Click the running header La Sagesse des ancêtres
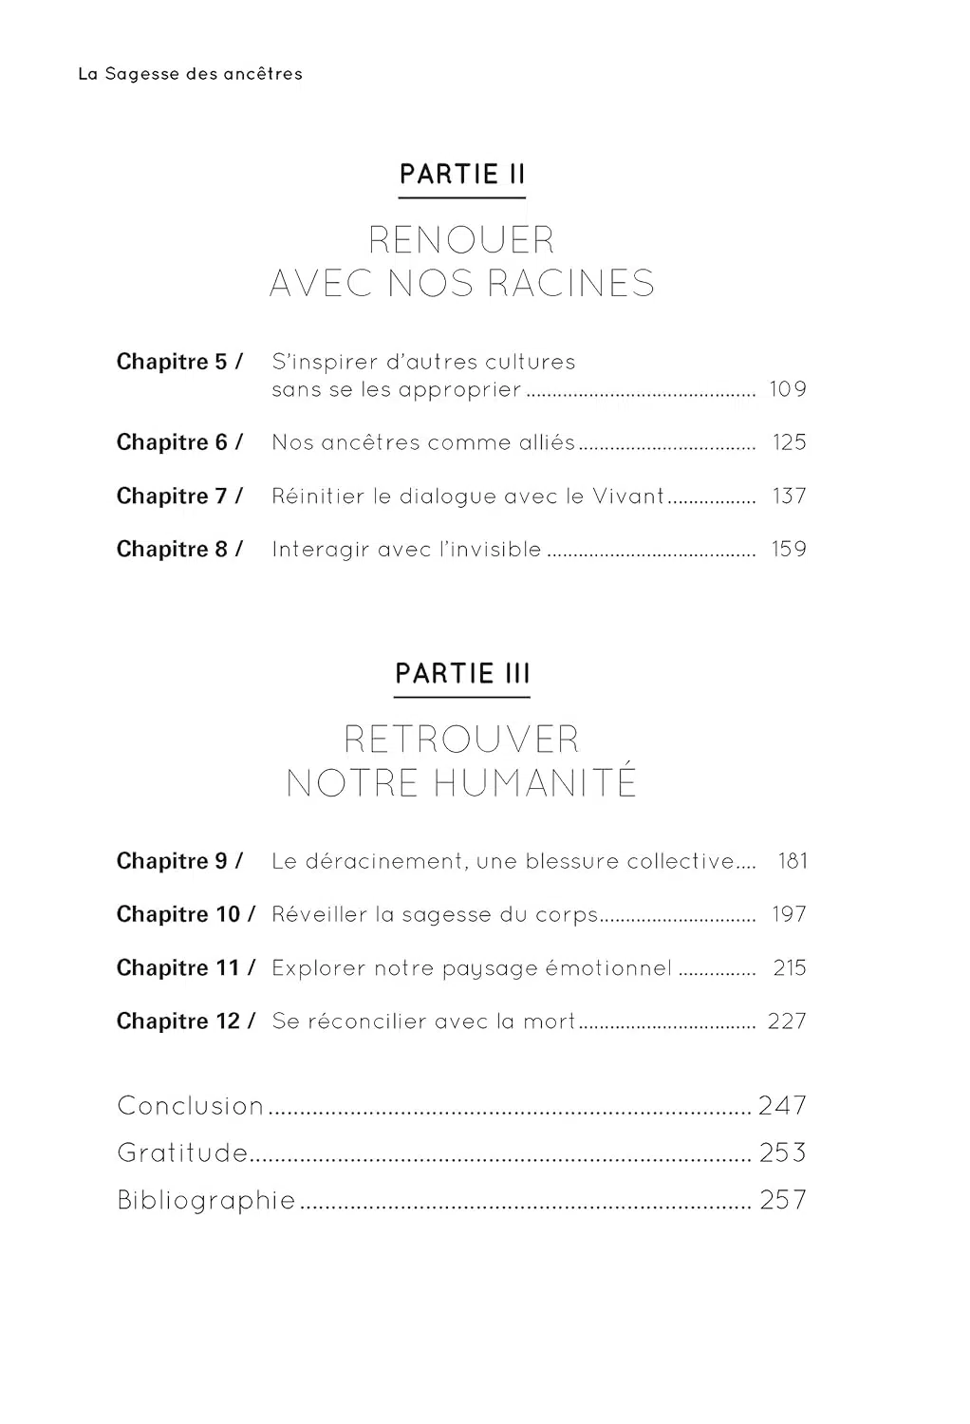coord(190,74)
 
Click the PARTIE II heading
coord(462,175)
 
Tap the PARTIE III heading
coord(462,674)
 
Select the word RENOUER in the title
coord(461,240)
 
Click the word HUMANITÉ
coord(534,783)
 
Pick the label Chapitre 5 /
coord(179,362)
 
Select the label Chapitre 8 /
coord(179,549)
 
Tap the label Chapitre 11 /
coord(186,968)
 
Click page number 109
coord(788,389)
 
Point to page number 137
coord(789,496)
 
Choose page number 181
coord(793,861)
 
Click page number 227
coord(787,1021)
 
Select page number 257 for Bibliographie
coord(783,1200)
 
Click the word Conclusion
coord(190,1106)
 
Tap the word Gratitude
coord(182,1152)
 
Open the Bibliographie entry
coord(206,1200)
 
